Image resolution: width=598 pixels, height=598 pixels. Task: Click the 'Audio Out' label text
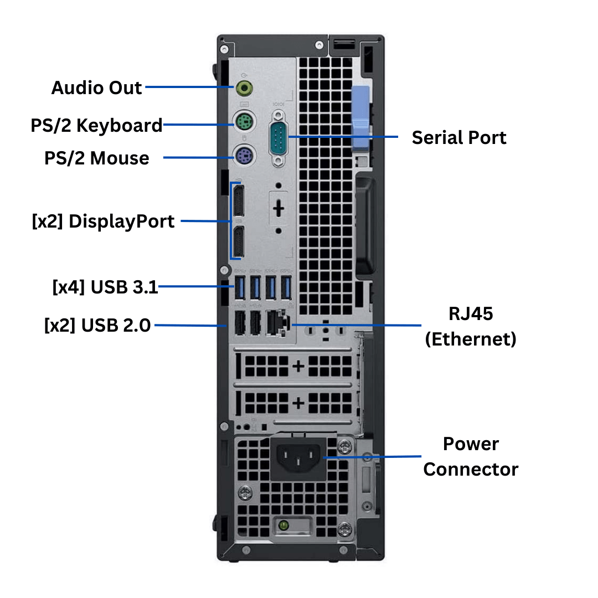click(x=96, y=87)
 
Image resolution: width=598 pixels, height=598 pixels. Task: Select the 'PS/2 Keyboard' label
click(x=96, y=125)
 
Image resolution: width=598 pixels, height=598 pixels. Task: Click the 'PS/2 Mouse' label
click(x=96, y=158)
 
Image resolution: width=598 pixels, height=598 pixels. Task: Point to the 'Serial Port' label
click(x=459, y=137)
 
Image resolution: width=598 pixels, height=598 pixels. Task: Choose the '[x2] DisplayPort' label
click(x=104, y=221)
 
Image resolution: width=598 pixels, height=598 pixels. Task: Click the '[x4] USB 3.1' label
click(x=105, y=287)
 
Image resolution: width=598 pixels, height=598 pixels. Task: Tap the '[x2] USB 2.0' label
click(x=97, y=325)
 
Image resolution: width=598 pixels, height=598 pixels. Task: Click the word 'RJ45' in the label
click(x=471, y=314)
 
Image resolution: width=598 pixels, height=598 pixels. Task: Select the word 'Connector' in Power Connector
click(x=471, y=470)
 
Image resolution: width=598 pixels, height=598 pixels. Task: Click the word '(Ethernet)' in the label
click(x=471, y=338)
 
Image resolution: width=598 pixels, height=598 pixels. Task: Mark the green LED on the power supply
click(x=283, y=523)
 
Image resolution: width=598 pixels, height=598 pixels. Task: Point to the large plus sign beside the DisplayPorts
click(x=279, y=208)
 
